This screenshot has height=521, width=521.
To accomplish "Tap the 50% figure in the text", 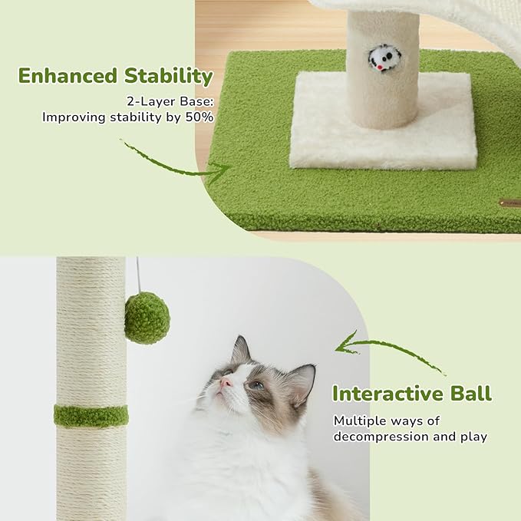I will (201, 117).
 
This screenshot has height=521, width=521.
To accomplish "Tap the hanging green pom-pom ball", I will (147, 318).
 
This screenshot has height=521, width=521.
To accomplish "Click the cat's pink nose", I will (226, 381).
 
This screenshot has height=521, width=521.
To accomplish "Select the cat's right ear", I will (301, 378).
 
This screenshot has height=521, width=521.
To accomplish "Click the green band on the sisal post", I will (91, 417).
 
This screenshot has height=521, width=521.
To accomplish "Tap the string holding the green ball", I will (138, 275).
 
